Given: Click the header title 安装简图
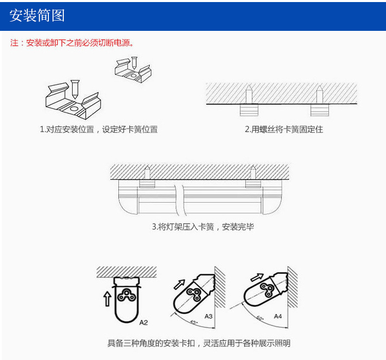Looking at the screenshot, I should coord(38,15).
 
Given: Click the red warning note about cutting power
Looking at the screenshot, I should coord(73,43).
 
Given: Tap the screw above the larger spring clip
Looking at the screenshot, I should coord(75,87).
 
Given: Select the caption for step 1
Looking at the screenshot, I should coord(99,130).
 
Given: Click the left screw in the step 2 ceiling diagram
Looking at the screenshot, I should coord(249,96).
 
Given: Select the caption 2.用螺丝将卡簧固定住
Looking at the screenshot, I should coord(284,130).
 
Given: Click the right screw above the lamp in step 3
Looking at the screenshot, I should coord(253,172).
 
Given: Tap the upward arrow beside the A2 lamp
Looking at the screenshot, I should coord(107,298).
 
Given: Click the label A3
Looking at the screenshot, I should coord(208,316).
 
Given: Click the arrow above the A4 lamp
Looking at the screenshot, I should coord(256,278).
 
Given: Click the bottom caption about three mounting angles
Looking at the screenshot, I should coord(199,343).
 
